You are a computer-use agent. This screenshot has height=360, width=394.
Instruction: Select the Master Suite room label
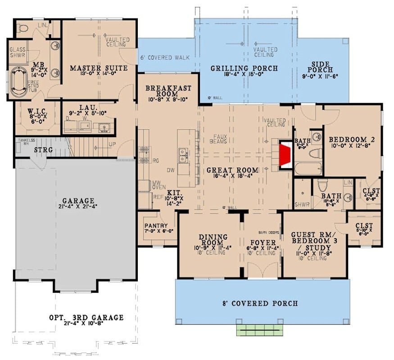point(99,68)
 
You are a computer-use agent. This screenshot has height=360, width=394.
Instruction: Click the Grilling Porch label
point(244,68)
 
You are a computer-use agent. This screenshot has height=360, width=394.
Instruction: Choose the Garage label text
point(78,201)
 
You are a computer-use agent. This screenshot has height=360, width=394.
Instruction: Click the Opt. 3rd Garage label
point(86,318)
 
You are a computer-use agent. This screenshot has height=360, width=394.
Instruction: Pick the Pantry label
point(156,226)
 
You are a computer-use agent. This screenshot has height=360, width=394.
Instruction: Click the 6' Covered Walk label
point(164,58)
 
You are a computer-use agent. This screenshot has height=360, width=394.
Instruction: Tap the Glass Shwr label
point(18,53)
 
